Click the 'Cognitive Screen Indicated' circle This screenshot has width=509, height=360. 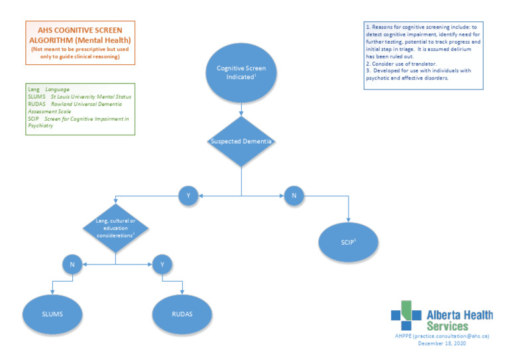point(241,73)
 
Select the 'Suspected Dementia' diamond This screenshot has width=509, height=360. point(241,141)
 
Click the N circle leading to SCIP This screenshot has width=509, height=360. point(294,196)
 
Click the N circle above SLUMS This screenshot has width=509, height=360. point(72,264)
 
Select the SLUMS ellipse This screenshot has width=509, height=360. point(52,314)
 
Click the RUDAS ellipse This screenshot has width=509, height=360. point(182,314)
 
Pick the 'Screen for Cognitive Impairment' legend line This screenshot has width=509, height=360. point(82,119)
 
